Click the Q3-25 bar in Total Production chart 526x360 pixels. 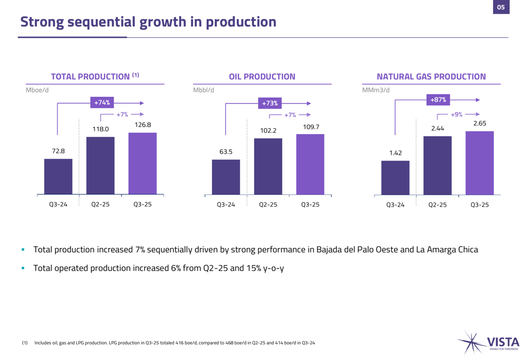142,163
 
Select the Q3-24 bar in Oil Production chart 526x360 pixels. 226,177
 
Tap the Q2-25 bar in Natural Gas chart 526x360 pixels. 437,166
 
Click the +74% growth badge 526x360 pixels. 102,103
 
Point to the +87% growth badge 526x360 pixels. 438,99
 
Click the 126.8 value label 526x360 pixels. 142,125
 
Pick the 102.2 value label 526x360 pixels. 268,130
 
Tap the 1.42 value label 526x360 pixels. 395,153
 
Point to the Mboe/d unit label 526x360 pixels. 37,90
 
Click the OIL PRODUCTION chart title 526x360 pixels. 262,77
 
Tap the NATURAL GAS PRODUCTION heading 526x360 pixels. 431,77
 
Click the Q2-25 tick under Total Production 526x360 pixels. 100,204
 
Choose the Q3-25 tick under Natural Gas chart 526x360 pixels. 479,205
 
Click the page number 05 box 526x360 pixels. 500,7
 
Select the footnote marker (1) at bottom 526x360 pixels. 24,343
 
